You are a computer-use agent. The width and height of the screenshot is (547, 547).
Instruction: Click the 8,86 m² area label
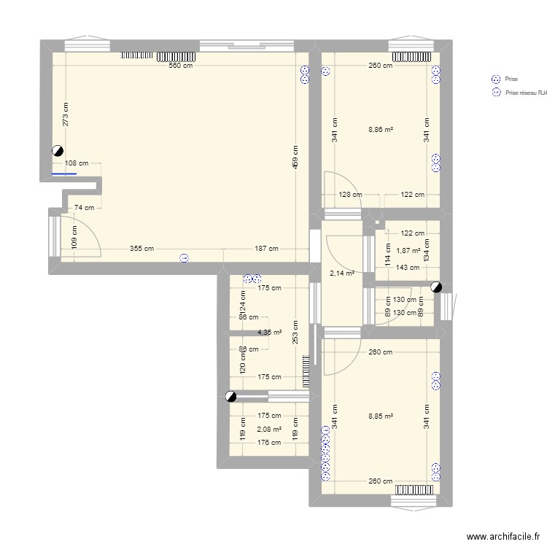[381, 130]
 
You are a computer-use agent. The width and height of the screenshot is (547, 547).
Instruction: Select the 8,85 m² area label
[381, 417]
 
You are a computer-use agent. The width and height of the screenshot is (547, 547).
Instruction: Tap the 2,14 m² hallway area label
[342, 273]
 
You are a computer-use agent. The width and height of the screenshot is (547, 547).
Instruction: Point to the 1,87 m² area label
[408, 251]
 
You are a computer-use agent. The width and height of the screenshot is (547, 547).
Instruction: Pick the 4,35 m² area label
[268, 333]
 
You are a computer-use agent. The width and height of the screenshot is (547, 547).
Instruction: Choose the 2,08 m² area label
[268, 430]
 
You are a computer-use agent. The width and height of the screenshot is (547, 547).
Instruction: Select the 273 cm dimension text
[66, 115]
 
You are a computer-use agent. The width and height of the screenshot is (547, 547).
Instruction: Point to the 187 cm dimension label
[266, 249]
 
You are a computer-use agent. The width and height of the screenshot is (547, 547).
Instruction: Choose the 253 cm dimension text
[295, 332]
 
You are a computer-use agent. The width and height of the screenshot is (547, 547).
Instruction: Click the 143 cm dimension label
[408, 267]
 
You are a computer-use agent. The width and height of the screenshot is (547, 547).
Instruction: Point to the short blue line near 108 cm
[64, 174]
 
